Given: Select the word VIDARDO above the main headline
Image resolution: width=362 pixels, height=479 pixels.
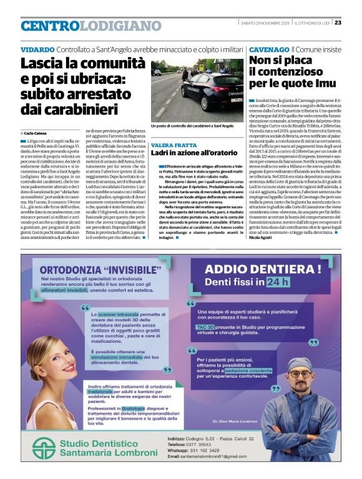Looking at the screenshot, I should click(37, 49).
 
